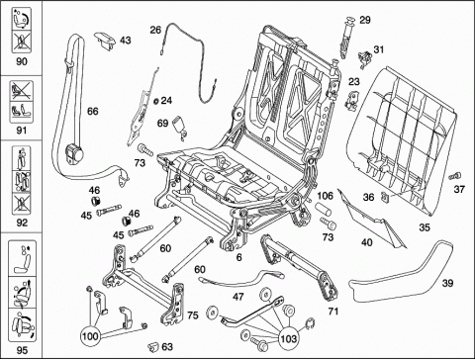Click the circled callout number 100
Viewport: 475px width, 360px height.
(90, 336)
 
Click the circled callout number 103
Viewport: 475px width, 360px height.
(289, 338)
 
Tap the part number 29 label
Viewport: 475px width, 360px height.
(365, 20)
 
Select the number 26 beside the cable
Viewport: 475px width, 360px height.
(155, 30)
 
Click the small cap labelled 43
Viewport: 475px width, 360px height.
(105, 41)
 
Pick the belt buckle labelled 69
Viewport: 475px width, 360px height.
(179, 125)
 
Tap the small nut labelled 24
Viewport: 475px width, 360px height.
(156, 100)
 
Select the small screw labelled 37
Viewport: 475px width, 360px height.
(455, 176)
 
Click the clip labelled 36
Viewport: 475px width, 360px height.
(385, 196)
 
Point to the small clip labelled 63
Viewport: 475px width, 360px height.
(153, 346)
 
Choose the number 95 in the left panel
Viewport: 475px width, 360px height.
(22, 350)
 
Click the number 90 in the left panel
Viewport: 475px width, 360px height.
(22, 61)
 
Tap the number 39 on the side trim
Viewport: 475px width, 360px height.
(447, 283)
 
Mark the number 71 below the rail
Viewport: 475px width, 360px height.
(333, 311)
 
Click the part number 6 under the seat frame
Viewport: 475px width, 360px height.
(239, 257)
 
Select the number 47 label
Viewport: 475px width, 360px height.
(238, 297)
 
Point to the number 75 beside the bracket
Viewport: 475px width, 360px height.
(193, 315)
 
